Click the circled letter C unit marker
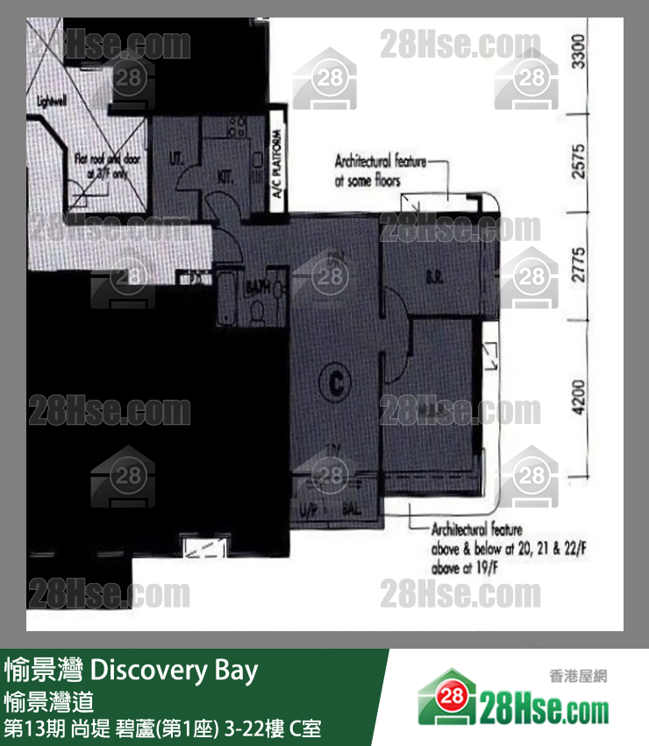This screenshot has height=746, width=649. pos(333,382)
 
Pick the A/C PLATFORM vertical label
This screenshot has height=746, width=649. pos(275,167)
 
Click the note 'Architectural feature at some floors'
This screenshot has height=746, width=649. pos(380,171)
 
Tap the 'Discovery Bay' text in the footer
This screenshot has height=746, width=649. pos(175,671)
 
